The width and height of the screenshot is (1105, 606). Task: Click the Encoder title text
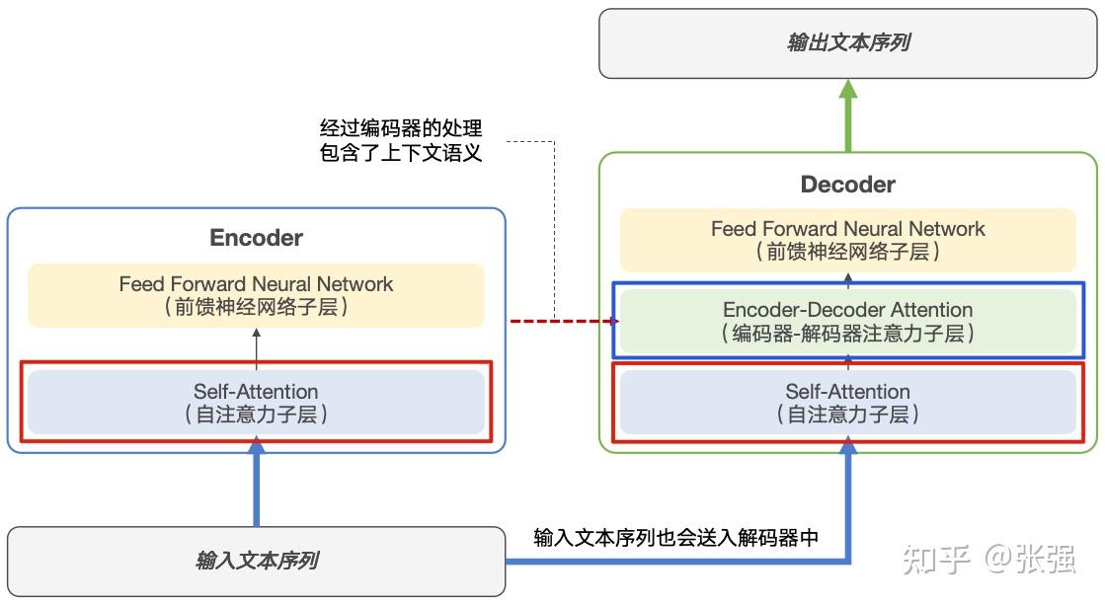click(256, 238)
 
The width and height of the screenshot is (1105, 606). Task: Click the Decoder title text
click(847, 185)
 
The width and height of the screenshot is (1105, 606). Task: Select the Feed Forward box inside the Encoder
click(256, 295)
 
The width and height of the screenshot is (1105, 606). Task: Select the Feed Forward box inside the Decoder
click(847, 240)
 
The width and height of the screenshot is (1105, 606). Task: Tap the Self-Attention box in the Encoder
click(256, 403)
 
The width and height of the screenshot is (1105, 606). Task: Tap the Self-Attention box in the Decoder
click(847, 403)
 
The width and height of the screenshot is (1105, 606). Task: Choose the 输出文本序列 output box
click(847, 43)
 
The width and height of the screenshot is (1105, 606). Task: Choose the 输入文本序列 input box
click(256, 562)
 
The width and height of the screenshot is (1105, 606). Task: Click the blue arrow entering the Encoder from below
click(256, 489)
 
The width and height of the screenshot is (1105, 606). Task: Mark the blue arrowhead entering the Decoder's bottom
click(847, 450)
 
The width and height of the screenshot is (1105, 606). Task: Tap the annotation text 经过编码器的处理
click(401, 128)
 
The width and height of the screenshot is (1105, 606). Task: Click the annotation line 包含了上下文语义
click(401, 154)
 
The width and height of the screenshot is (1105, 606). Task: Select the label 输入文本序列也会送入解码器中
click(675, 538)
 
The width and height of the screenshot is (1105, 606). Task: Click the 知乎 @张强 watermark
click(987, 559)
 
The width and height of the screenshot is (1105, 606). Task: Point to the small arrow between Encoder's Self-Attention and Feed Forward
click(256, 348)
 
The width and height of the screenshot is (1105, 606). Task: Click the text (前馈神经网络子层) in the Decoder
click(847, 253)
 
